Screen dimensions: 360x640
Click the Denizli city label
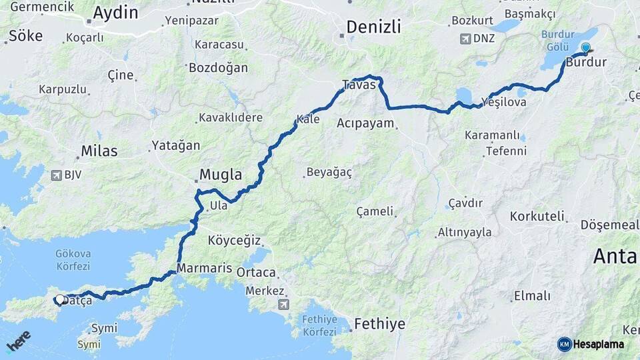[x=373, y=27]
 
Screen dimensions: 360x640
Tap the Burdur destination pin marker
[x=585, y=48]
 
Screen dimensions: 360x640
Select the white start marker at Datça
[x=60, y=300]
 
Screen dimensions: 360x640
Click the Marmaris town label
[x=204, y=268]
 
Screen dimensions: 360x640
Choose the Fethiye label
[x=379, y=324]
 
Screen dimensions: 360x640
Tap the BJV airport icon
[x=57, y=175]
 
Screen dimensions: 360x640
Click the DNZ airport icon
[x=465, y=38]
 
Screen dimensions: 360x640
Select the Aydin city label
[x=115, y=13]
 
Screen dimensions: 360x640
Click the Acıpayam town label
[x=365, y=123]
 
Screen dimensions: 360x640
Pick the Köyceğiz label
[x=234, y=240]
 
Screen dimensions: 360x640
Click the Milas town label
[x=99, y=151]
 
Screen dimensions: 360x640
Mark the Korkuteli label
[x=537, y=216]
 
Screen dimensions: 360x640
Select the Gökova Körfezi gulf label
[x=74, y=259]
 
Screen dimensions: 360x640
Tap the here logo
[x=18, y=341]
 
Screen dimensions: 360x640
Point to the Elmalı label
[x=532, y=295]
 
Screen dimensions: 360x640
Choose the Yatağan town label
[x=175, y=145]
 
